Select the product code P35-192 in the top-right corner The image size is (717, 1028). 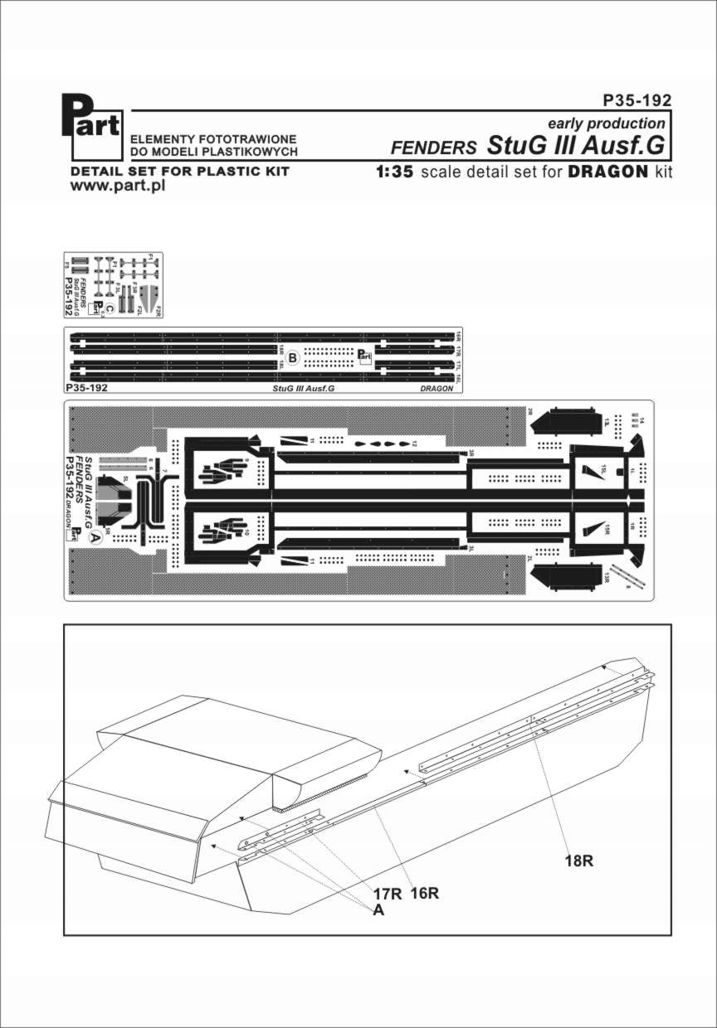(x=637, y=100)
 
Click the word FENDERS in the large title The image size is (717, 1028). (x=433, y=148)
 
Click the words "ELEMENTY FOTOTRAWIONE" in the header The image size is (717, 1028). (x=208, y=139)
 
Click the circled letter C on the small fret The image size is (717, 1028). (x=98, y=304)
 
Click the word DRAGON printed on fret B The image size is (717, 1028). (x=437, y=388)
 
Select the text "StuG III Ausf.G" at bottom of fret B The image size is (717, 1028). (x=305, y=388)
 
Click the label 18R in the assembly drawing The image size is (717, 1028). (x=578, y=861)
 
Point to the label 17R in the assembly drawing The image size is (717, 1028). (x=388, y=894)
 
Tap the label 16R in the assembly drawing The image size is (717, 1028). (x=424, y=894)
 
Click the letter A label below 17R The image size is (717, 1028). (x=378, y=910)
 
